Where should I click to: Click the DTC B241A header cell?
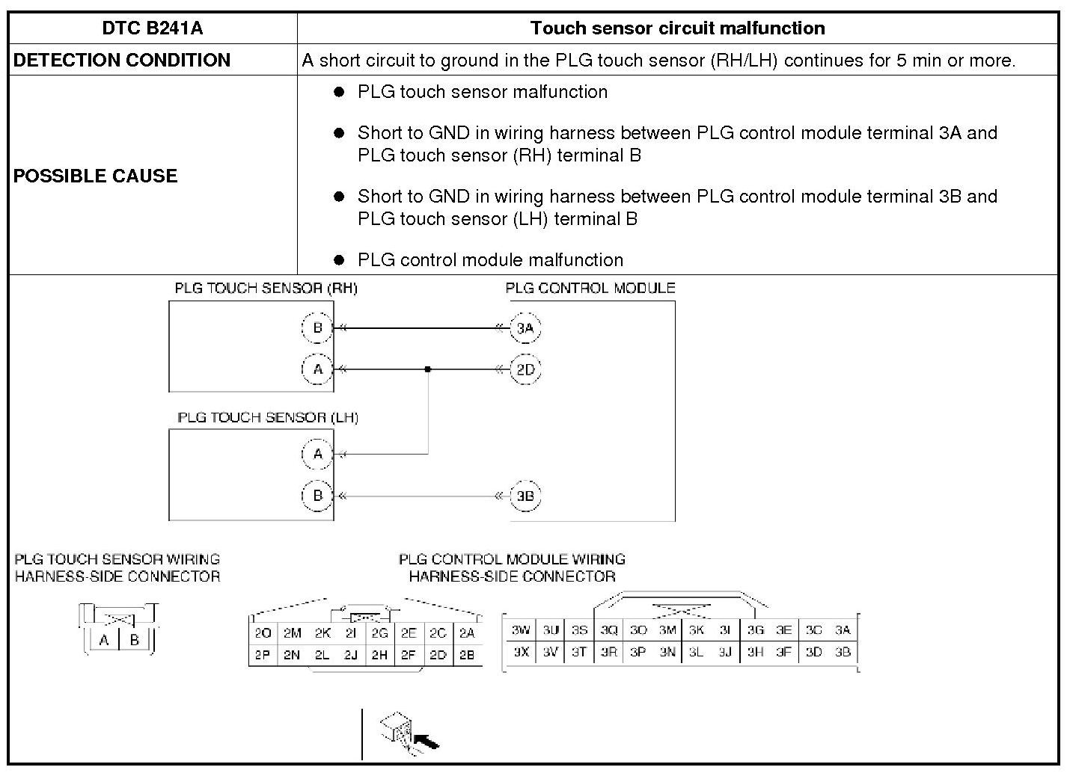pos(152,28)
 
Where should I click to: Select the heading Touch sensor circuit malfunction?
pos(677,28)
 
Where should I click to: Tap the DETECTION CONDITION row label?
pos(122,61)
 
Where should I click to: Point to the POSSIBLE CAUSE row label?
pos(96,176)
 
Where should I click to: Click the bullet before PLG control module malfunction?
pos(339,260)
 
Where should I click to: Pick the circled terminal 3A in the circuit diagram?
pos(525,327)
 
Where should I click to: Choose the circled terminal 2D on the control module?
pos(525,369)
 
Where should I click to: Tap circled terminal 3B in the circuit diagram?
pos(525,496)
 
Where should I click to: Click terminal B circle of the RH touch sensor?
pos(317,327)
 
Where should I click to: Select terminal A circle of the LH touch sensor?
pos(317,454)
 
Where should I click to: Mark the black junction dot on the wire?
pos(427,369)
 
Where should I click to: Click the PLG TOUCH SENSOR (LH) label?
pos(268,418)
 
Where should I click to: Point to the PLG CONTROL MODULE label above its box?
pos(590,289)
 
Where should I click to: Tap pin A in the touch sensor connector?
pos(104,640)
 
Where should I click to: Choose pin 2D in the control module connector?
pos(438,655)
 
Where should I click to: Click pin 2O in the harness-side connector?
pos(263,633)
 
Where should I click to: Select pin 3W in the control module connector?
pos(521,630)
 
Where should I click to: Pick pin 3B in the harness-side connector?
pos(843,652)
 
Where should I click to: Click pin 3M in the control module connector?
pos(667,630)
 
